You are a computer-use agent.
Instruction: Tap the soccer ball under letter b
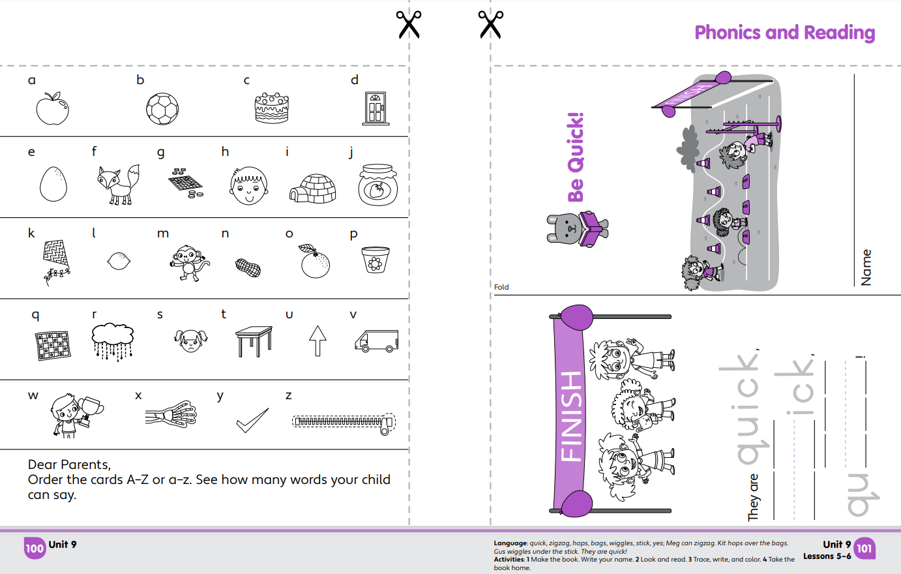click(162, 109)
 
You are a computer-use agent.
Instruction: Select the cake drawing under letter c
click(271, 108)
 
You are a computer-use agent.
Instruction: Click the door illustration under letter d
click(376, 108)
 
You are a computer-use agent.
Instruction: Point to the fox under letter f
click(118, 185)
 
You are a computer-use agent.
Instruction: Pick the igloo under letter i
click(313, 189)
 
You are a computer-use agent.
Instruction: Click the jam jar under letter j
click(377, 185)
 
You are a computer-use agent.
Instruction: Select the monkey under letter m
click(189, 263)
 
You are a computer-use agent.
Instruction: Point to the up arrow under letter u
click(318, 340)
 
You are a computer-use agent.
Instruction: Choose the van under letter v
click(376, 341)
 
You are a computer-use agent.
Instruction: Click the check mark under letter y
click(252, 420)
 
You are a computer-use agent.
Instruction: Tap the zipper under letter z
click(344, 422)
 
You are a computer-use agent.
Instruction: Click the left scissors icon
click(409, 25)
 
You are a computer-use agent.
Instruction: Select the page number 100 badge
click(35, 549)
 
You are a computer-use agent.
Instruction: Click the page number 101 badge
click(864, 548)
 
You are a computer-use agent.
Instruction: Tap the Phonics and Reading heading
click(784, 33)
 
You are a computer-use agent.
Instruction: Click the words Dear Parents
click(69, 464)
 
